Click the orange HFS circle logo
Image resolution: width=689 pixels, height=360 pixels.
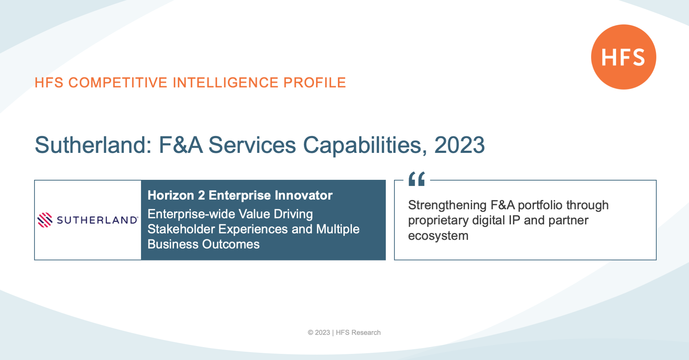coord(624,57)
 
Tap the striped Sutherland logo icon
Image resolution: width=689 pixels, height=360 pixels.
coord(45,220)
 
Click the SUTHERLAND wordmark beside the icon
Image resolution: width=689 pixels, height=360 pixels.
coord(97,220)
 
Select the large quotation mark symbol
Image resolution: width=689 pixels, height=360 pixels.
coord(417,178)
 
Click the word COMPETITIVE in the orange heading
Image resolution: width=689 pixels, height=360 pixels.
coord(118,83)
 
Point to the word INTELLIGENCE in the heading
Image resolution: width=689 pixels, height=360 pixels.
coord(225,83)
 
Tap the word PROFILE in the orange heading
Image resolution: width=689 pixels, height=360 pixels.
coord(315,83)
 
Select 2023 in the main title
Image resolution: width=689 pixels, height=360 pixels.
coord(460,145)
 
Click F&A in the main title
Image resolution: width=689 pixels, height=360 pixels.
coord(181,145)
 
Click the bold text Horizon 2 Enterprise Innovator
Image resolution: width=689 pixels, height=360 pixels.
coord(240,195)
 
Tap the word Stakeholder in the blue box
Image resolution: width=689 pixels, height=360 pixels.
coord(181,229)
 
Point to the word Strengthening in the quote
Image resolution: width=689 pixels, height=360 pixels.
coord(447,205)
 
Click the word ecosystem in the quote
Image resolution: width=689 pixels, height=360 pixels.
coord(438,236)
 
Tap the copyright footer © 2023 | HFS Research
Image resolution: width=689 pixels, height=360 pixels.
coord(344,333)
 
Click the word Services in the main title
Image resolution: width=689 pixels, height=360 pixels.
coord(252,145)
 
